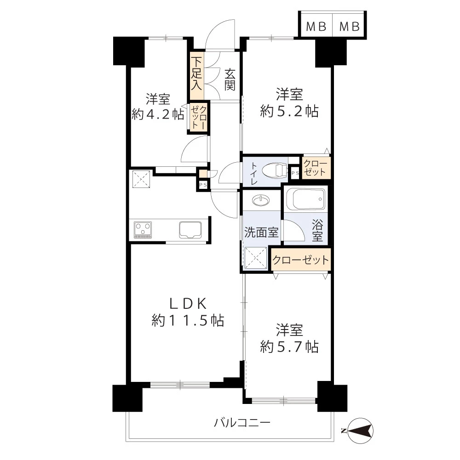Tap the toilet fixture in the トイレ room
[x=275, y=171]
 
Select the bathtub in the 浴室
[x=305, y=199]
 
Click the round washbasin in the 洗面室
[x=260, y=201]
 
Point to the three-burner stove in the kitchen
[x=143, y=230]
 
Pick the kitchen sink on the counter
[x=190, y=230]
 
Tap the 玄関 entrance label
[x=230, y=79]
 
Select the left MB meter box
[x=316, y=26]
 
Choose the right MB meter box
[x=349, y=26]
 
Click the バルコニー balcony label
[x=242, y=423]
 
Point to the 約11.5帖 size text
[x=188, y=320]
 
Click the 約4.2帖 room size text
[x=158, y=114]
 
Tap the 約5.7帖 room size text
[x=289, y=347]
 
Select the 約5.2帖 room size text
[x=289, y=111]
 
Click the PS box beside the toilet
[x=295, y=173]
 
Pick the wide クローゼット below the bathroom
[x=301, y=260]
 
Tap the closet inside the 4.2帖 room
[x=199, y=117]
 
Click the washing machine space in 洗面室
[x=256, y=258]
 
